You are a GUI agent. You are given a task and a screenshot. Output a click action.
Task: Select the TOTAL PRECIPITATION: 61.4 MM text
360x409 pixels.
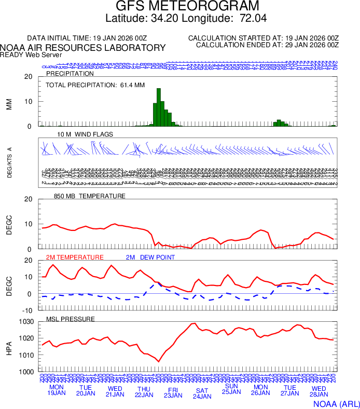pyautogui.click(x=95, y=85)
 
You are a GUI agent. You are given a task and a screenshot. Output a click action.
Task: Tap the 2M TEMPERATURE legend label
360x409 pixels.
pyautogui.click(x=75, y=257)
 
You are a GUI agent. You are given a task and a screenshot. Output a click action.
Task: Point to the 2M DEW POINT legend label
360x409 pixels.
pyautogui.click(x=150, y=257)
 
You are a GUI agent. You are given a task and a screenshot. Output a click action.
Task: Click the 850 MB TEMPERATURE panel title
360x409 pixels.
pyautogui.click(x=90, y=196)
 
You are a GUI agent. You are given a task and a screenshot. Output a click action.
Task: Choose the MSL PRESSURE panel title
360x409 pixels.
pyautogui.click(x=71, y=319)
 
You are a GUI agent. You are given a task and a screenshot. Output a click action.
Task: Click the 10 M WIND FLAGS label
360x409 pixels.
pyautogui.click(x=85, y=134)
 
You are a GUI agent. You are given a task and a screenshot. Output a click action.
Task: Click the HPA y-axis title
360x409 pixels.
pyautogui.click(x=8, y=347)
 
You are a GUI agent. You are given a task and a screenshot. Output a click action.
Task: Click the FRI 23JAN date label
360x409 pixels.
pyautogui.click(x=173, y=392)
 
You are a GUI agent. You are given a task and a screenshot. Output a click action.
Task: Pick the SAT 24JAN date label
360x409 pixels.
pyautogui.click(x=202, y=393)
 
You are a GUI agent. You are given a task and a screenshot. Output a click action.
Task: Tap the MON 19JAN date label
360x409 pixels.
pyautogui.click(x=57, y=390)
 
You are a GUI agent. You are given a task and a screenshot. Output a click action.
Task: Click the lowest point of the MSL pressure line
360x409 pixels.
pyautogui.click(x=159, y=361)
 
